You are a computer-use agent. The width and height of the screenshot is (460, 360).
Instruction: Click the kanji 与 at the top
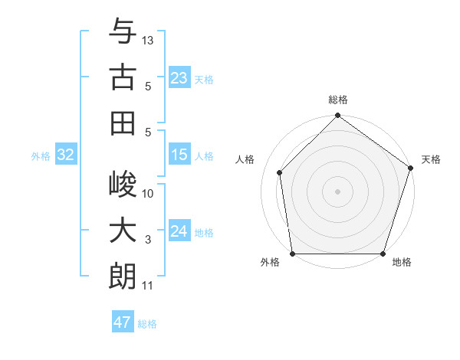(x=123, y=32)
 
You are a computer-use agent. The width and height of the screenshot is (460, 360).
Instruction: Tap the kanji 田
(x=123, y=123)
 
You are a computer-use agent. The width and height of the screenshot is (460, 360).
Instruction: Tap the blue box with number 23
(x=179, y=78)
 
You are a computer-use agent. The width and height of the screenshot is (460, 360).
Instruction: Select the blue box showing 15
(x=179, y=155)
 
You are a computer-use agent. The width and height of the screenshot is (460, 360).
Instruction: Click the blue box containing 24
(x=179, y=231)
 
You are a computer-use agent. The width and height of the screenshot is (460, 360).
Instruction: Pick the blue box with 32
(x=66, y=155)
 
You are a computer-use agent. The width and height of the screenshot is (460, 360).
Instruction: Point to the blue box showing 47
(x=123, y=322)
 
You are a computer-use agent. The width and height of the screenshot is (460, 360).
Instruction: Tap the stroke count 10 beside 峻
(x=148, y=194)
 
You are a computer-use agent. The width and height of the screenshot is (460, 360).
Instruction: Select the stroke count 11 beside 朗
(x=148, y=286)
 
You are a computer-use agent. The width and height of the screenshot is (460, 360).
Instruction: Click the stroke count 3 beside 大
(x=148, y=240)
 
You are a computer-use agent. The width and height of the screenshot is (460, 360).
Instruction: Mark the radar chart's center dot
(x=337, y=191)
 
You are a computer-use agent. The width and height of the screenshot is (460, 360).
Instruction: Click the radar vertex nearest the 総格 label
(x=337, y=116)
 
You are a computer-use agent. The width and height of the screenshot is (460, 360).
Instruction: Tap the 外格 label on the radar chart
(x=270, y=263)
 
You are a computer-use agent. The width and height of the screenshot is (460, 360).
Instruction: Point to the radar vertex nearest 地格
(x=383, y=254)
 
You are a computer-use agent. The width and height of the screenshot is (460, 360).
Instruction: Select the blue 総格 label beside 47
(x=147, y=324)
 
